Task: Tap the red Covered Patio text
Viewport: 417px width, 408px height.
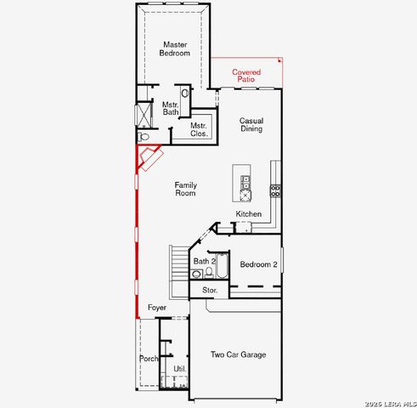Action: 246,76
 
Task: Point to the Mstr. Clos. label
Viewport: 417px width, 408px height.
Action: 199,130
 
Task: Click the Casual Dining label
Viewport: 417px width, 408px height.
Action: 251,125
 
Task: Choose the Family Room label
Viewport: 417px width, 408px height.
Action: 185,189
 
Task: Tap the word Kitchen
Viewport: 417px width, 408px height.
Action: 249,213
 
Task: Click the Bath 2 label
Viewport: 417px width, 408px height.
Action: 205,261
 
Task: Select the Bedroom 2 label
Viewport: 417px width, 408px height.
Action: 258,264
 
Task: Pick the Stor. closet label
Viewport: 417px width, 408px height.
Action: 210,290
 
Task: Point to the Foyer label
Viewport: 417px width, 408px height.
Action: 156,307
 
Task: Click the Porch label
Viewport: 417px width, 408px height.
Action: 149,359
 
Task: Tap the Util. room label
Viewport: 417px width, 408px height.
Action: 179,368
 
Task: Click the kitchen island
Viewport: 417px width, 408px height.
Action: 245,180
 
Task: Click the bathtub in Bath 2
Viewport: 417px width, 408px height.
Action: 222,267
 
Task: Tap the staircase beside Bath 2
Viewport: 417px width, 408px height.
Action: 177,266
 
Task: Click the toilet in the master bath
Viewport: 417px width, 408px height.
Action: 144,136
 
